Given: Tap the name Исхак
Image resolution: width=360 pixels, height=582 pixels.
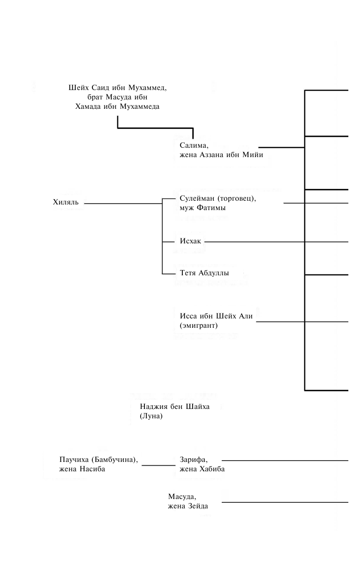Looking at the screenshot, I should (x=190, y=242).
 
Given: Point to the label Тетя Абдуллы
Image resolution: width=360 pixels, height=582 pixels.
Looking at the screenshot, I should (x=204, y=273).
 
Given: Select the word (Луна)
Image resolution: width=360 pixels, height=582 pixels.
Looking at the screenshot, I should (x=151, y=416).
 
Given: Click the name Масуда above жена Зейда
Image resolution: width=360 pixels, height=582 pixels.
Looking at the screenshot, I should (x=182, y=497).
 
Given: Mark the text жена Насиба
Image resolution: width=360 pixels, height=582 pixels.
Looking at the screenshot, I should (x=82, y=469).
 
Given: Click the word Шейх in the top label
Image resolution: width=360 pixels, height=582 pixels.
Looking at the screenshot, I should (x=78, y=88).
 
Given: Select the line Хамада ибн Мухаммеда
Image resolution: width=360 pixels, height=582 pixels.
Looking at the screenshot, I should (x=117, y=106).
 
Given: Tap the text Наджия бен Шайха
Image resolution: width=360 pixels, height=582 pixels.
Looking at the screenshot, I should (x=174, y=407).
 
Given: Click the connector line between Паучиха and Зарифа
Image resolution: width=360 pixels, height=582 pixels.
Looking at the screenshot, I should (x=158, y=465).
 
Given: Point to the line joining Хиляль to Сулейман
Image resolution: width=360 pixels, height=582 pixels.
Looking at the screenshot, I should (x=123, y=204).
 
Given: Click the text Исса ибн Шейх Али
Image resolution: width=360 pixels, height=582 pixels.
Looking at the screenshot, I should (x=216, y=316).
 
